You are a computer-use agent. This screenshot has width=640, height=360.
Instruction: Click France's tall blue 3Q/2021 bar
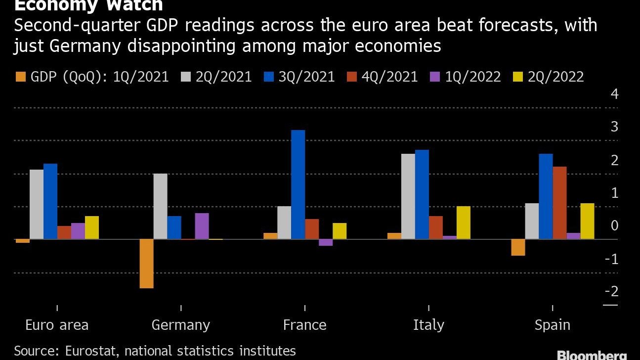[x=298, y=184]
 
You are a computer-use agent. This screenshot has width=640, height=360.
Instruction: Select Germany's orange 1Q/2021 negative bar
[x=146, y=264]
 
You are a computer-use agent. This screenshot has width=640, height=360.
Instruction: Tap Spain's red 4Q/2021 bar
[x=559, y=203]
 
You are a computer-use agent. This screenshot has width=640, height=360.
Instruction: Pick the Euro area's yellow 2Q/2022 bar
[x=92, y=227]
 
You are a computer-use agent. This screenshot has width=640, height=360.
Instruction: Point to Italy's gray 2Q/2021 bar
[x=408, y=196]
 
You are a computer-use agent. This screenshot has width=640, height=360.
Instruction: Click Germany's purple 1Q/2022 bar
[x=202, y=226]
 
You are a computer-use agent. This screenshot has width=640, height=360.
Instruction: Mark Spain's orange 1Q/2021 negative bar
[x=518, y=247]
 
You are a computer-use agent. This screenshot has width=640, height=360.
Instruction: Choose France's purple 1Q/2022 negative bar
[x=326, y=242]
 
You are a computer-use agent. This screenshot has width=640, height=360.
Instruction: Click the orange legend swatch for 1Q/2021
[x=21, y=77]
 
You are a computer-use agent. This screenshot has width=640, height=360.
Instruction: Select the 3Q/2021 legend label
[x=307, y=77]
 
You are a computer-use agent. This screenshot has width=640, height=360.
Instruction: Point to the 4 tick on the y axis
[x=615, y=94]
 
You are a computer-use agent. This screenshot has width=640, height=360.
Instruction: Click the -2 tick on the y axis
[x=611, y=292]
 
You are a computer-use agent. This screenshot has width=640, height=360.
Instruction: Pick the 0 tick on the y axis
[x=615, y=226]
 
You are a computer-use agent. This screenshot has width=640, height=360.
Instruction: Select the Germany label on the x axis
[x=181, y=325]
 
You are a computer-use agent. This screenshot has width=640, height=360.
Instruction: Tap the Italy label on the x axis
[x=428, y=325]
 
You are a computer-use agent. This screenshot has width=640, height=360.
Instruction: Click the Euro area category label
[x=57, y=325]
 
